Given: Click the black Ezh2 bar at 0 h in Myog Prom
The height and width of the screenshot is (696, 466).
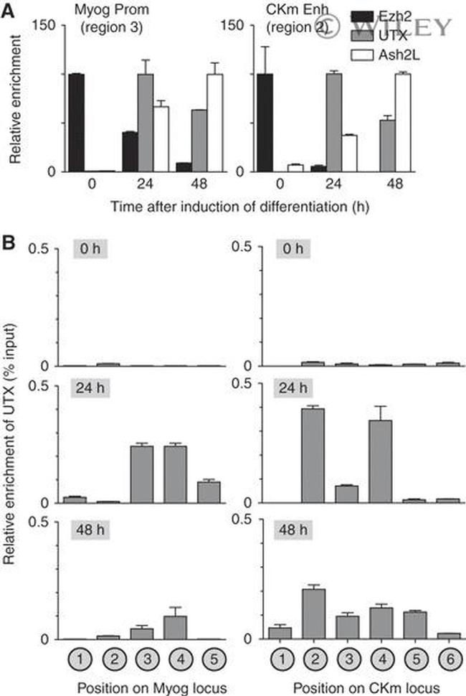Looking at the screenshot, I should pyautogui.click(x=76, y=123).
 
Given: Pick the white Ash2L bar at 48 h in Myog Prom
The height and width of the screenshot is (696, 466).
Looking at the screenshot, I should pyautogui.click(x=214, y=123).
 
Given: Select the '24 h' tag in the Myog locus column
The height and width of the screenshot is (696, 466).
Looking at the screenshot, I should pyautogui.click(x=92, y=390).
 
